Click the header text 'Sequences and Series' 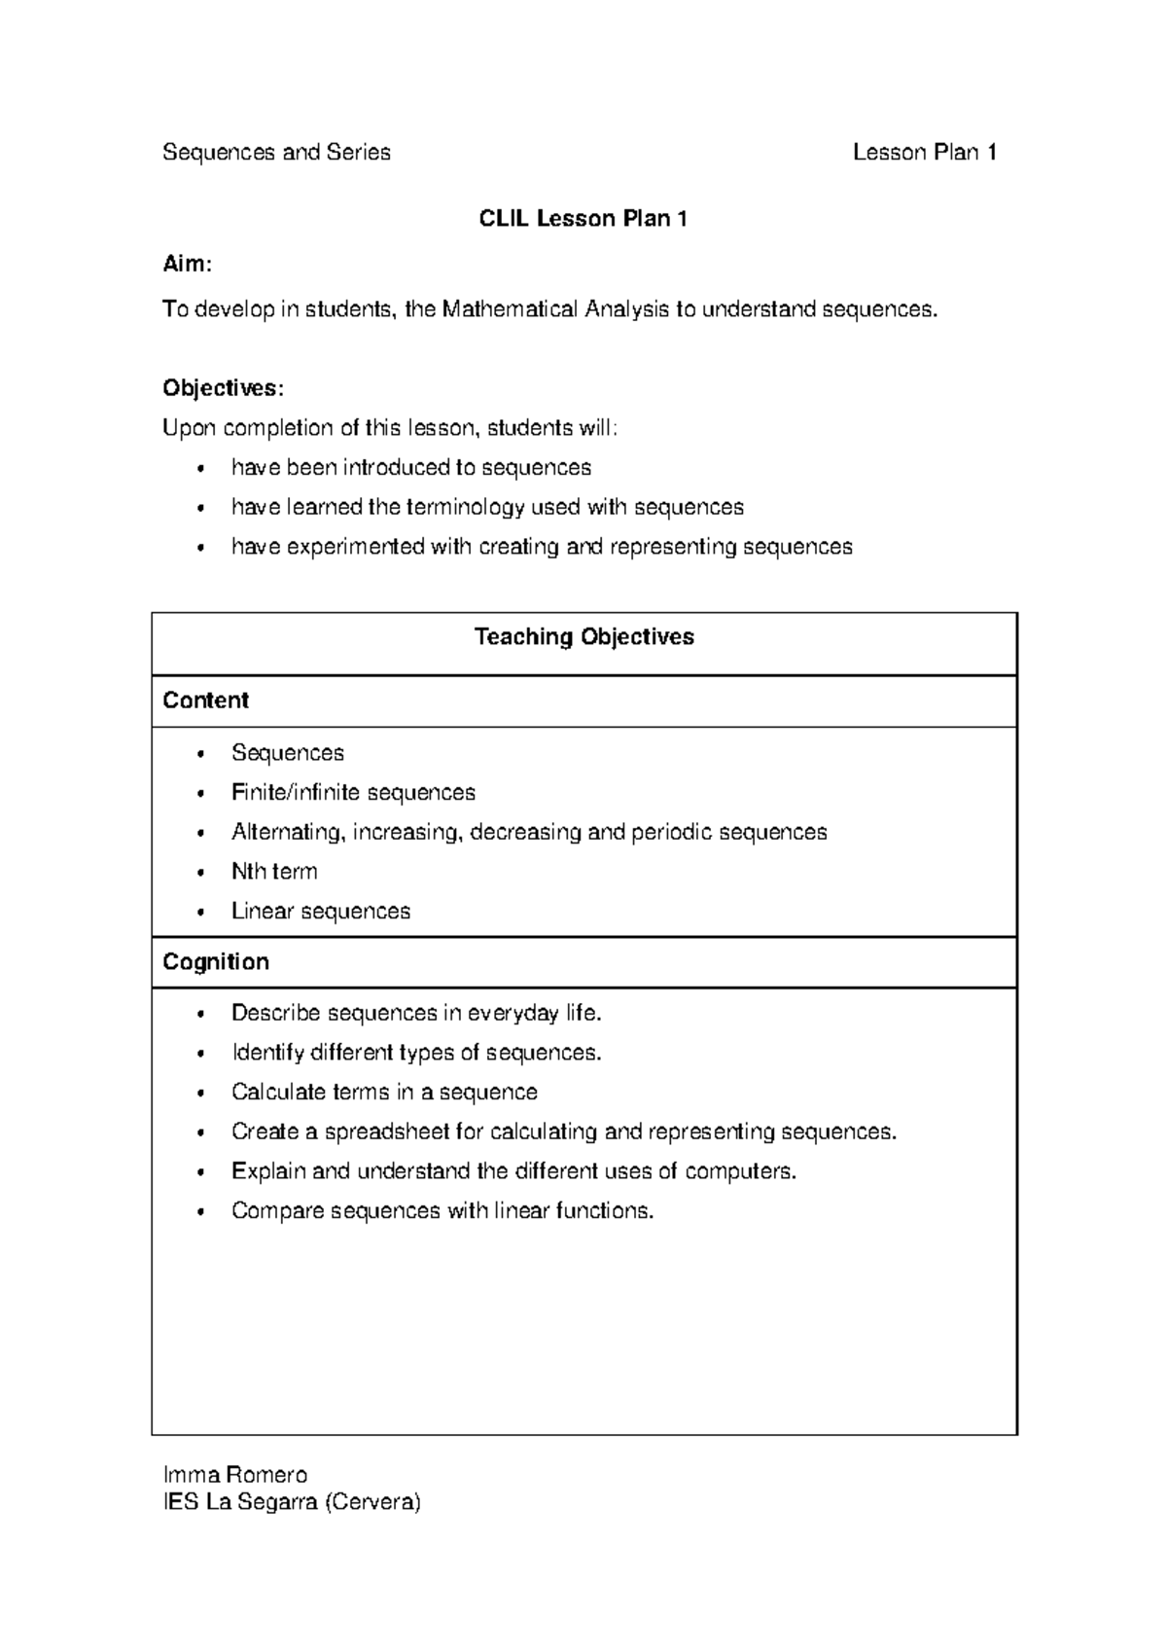click(x=276, y=153)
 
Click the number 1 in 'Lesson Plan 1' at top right click(x=991, y=153)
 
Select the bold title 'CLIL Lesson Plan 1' click(x=583, y=219)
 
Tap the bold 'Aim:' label click(x=186, y=264)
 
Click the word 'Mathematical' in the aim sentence click(x=510, y=310)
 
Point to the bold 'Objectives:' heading click(x=223, y=388)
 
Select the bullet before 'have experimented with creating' click(x=200, y=548)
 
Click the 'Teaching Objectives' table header click(x=583, y=637)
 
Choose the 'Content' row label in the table click(x=205, y=700)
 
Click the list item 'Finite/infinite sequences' click(x=353, y=793)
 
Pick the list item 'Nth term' click(x=274, y=872)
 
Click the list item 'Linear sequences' click(x=321, y=912)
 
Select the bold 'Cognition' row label click(x=215, y=962)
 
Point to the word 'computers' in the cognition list click(x=738, y=1171)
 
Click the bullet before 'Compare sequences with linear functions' click(x=200, y=1212)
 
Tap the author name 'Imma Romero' click(x=235, y=1475)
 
